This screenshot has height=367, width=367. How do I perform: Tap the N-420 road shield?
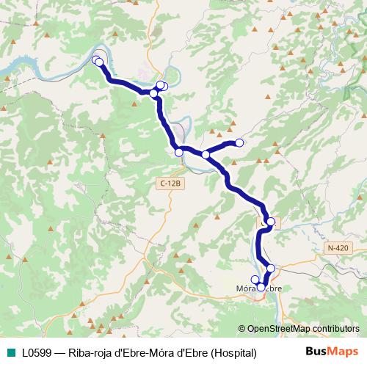pyautogui.click(x=338, y=248)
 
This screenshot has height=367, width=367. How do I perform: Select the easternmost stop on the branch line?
pyautogui.click(x=239, y=142)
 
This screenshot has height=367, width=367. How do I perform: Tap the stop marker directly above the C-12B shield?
pyautogui.click(x=179, y=152)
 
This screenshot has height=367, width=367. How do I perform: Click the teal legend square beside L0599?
pyautogui.click(x=9, y=352)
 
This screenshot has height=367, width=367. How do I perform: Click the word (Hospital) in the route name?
pyautogui.click(x=233, y=352)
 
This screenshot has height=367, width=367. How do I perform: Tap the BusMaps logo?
pyautogui.click(x=332, y=352)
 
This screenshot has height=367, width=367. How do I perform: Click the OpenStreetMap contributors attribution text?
pyautogui.click(x=302, y=329)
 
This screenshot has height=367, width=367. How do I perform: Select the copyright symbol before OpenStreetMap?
pyautogui.click(x=241, y=329)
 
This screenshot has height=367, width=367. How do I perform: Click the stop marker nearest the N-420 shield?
pyautogui.click(x=271, y=222)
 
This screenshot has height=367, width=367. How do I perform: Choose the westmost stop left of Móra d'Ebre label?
pyautogui.click(x=255, y=279)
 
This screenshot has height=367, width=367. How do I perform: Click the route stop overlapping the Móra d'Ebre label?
pyautogui.click(x=261, y=287)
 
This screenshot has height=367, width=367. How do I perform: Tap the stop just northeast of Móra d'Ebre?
pyautogui.click(x=271, y=269)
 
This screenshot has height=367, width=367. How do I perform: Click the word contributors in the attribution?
pyautogui.click(x=335, y=329)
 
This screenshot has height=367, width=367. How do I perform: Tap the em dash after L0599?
pyautogui.click(x=59, y=352)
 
